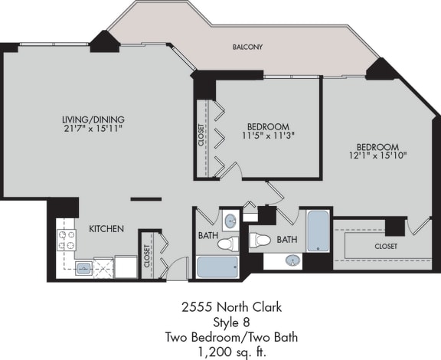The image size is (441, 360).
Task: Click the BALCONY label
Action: point(247,47)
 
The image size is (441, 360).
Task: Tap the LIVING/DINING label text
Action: point(93,119)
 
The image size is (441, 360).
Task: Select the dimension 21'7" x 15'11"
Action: point(93,130)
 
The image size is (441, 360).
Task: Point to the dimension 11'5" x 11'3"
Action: point(268,136)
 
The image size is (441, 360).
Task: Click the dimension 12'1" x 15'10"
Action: point(377,156)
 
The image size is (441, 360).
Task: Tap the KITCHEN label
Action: point(106,228)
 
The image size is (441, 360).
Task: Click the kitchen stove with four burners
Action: point(67,241)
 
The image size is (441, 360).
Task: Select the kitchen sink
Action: point(83,268)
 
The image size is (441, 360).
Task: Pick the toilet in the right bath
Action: point(260,241)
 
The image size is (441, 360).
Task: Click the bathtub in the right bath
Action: point(318,231)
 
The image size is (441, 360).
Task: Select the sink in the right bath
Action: point(292,261)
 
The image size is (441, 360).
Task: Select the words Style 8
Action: point(220,321)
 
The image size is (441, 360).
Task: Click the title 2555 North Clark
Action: point(220,307)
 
